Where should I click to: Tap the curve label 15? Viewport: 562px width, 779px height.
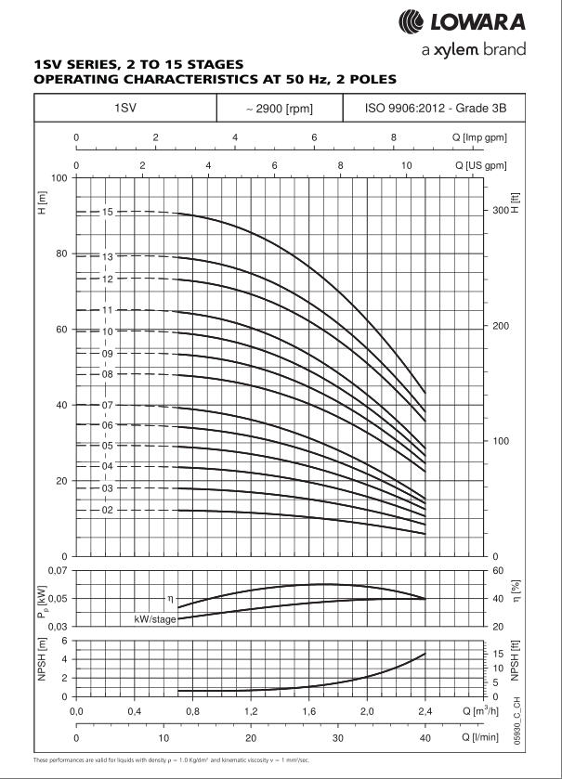(x=108, y=213)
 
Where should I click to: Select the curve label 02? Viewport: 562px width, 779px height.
(x=108, y=510)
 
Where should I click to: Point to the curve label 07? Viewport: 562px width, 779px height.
(x=108, y=405)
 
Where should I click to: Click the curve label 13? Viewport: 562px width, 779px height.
(x=108, y=256)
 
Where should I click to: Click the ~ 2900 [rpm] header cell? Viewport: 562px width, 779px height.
(x=279, y=109)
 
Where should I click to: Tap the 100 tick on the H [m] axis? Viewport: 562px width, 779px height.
(x=59, y=177)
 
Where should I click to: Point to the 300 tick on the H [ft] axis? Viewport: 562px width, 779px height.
(x=502, y=211)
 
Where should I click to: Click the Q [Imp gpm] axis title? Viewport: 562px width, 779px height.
(x=479, y=137)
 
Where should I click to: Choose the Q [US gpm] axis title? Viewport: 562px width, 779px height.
(x=480, y=165)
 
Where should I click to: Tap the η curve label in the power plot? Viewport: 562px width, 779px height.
(x=170, y=600)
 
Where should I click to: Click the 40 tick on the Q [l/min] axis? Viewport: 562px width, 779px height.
(x=425, y=738)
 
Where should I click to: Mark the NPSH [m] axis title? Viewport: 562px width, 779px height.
(x=40, y=669)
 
